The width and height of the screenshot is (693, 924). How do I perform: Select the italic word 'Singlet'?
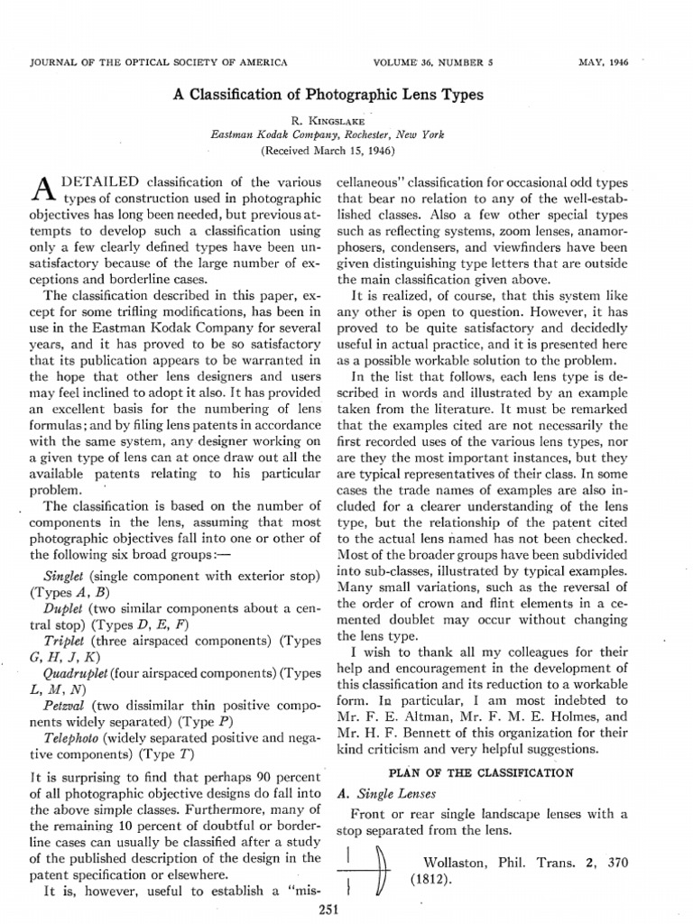[62, 576]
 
